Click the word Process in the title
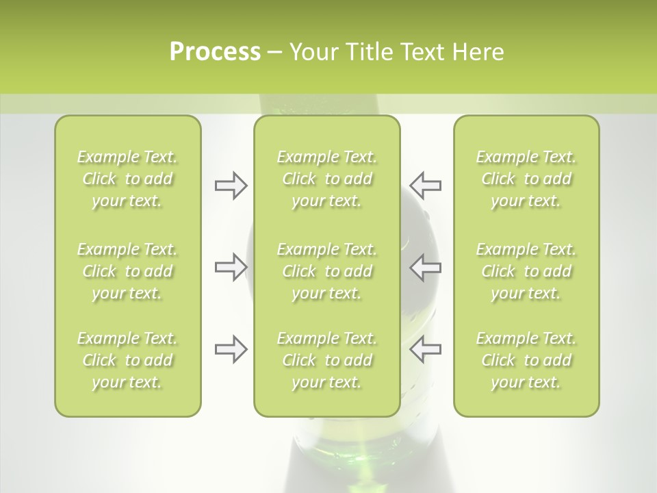coord(215,52)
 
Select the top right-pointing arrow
coord(231,186)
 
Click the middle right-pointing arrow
coord(231,267)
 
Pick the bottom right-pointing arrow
coord(231,349)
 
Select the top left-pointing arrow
coord(425,186)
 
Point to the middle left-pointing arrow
coord(425,267)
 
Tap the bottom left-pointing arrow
coord(425,349)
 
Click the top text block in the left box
coord(127,179)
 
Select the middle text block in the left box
coord(127,271)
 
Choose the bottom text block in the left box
coord(127,360)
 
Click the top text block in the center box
coord(326,179)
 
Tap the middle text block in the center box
coord(326,271)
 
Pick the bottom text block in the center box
coord(326,360)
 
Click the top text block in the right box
coord(526,179)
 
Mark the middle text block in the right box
coord(526,271)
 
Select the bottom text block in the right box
coord(526,360)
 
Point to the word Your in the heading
coord(313,52)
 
